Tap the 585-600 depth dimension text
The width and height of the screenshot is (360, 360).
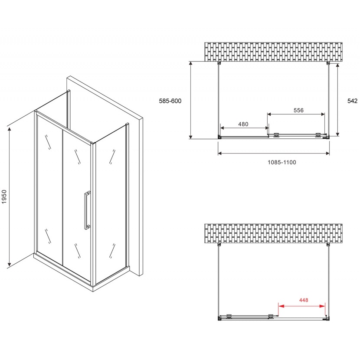[170, 101]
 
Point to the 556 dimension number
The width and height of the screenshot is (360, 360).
[298, 110]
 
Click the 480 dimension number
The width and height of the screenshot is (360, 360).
[243, 124]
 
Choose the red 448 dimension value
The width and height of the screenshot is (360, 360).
[303, 300]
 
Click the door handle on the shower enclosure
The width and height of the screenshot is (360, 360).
[87, 210]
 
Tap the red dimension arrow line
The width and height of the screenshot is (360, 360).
[302, 306]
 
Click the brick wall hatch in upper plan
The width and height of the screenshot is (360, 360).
[273, 52]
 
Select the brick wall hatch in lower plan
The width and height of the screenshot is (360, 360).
[273, 234]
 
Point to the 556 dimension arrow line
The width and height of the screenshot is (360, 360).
[296, 115]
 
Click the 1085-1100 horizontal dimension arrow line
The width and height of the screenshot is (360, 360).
[274, 153]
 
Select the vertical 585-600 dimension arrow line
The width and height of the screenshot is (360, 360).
[190, 100]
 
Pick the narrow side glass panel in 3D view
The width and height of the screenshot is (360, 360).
[110, 204]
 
